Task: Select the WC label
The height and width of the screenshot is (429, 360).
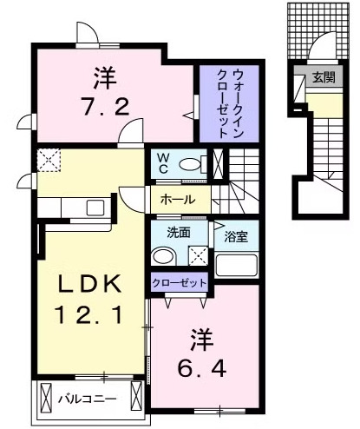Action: (x=163, y=162)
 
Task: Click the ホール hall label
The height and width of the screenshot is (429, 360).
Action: (x=177, y=200)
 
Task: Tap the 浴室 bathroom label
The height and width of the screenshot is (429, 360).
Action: (x=236, y=234)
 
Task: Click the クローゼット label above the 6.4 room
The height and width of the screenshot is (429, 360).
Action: (x=180, y=283)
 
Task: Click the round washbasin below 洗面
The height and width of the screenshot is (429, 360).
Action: (x=162, y=256)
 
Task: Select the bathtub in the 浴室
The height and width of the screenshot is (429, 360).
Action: (x=235, y=265)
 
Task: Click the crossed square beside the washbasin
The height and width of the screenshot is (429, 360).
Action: (x=199, y=256)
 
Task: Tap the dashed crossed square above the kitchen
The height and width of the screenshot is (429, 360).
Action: (x=48, y=160)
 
